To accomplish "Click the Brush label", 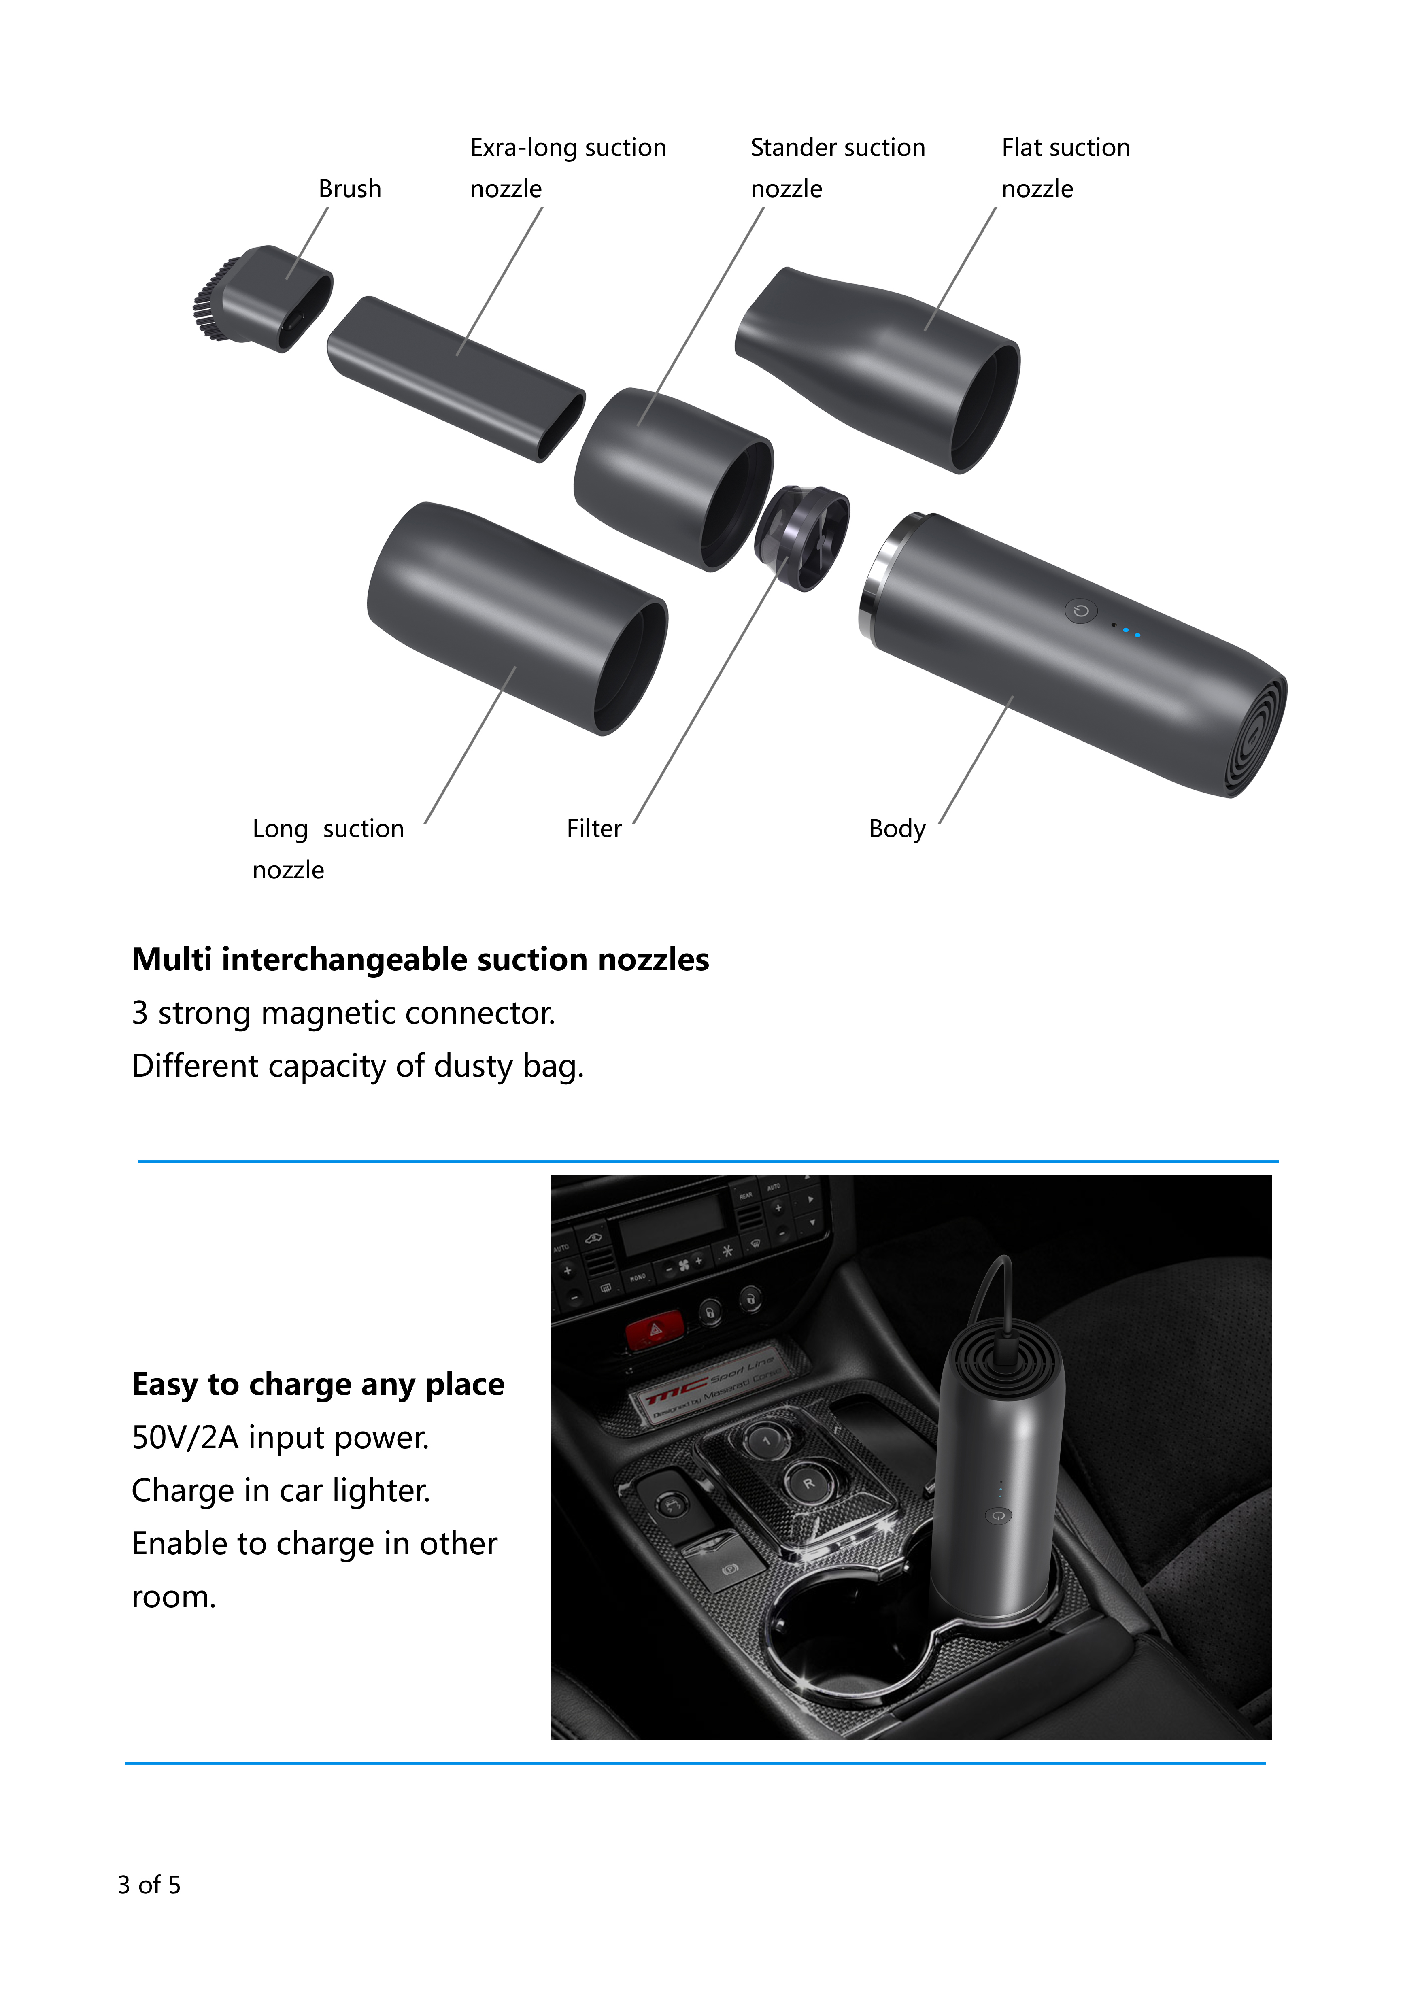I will pyautogui.click(x=350, y=189).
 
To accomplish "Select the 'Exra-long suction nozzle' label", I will pyautogui.click(x=568, y=168).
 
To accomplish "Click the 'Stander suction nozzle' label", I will pyautogui.click(x=837, y=168).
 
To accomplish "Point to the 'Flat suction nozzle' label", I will pyautogui.click(x=1065, y=168).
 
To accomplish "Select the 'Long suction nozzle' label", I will pyautogui.click(x=328, y=848).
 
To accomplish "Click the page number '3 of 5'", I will pyautogui.click(x=149, y=1885).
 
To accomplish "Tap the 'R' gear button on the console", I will pyautogui.click(x=809, y=1483).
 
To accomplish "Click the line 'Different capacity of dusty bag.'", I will pyautogui.click(x=357, y=1066).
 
